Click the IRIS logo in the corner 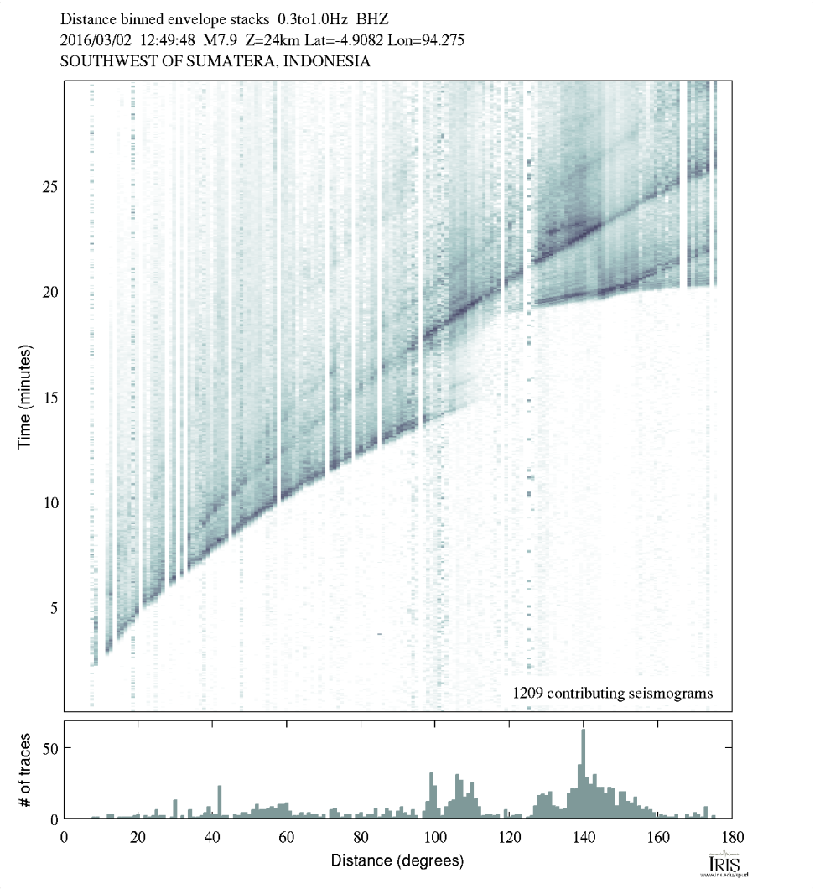(x=722, y=865)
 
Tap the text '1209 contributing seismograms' (x=612, y=693)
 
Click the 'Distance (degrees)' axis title (x=397, y=860)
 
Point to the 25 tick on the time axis (x=49, y=187)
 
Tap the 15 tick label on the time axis (x=49, y=397)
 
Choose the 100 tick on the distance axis (x=434, y=835)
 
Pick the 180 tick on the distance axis (x=732, y=835)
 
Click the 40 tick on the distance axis (x=212, y=835)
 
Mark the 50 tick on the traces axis (x=49, y=747)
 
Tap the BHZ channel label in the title (x=372, y=18)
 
